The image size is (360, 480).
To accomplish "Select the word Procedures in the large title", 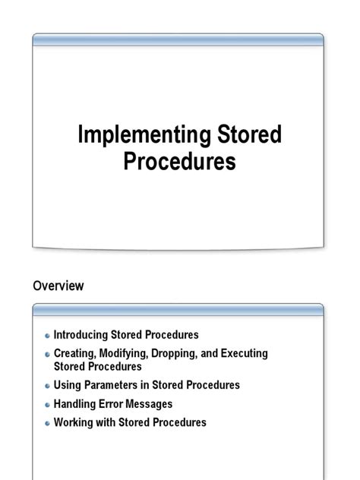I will point(180,162).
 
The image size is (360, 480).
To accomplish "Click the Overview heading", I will point(58,286).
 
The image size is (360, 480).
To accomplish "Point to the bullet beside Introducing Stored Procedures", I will point(47,335).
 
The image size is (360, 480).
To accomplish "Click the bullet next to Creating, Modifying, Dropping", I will point(47,355).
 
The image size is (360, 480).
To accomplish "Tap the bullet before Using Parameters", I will point(47,386).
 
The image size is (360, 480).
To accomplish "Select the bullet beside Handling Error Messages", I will point(47,405).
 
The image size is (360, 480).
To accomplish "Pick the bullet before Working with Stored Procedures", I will point(47,423).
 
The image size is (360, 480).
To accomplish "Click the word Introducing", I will point(81,334).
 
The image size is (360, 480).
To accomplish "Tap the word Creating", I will point(76,354).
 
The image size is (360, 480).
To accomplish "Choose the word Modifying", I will point(126,354).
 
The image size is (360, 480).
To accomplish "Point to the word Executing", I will point(243,354).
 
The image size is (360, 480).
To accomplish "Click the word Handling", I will point(76,404).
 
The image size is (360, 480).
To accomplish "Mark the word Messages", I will point(152,404).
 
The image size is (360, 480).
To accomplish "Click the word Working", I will point(75,422).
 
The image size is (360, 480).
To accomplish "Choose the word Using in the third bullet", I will point(67,385).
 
